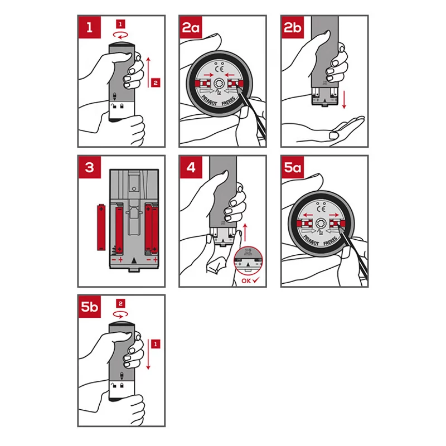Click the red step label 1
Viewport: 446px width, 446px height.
(90, 27)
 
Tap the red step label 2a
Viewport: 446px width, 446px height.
(191, 27)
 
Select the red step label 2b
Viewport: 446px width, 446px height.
(293, 27)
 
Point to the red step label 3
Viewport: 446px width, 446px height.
(90, 167)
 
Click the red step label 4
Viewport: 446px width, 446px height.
(191, 167)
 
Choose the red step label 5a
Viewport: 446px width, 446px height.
(293, 167)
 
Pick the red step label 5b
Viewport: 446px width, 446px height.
(90, 307)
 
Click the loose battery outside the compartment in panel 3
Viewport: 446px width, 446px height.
(101, 227)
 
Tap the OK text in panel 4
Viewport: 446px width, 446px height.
(246, 281)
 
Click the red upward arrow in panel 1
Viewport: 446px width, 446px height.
(148, 72)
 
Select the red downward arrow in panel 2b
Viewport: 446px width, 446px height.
(344, 100)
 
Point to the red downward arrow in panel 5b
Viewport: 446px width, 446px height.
(148, 355)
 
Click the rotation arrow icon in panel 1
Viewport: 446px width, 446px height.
(120, 35)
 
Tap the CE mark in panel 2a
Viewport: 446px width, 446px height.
(219, 69)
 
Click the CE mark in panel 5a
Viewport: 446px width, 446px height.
(321, 209)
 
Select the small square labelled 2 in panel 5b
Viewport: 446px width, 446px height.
(120, 303)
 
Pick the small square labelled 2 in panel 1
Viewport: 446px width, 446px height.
(156, 83)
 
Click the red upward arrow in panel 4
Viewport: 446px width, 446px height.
(245, 232)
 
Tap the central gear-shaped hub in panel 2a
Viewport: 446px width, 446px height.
(219, 84)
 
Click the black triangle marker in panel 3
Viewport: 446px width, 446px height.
(134, 260)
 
